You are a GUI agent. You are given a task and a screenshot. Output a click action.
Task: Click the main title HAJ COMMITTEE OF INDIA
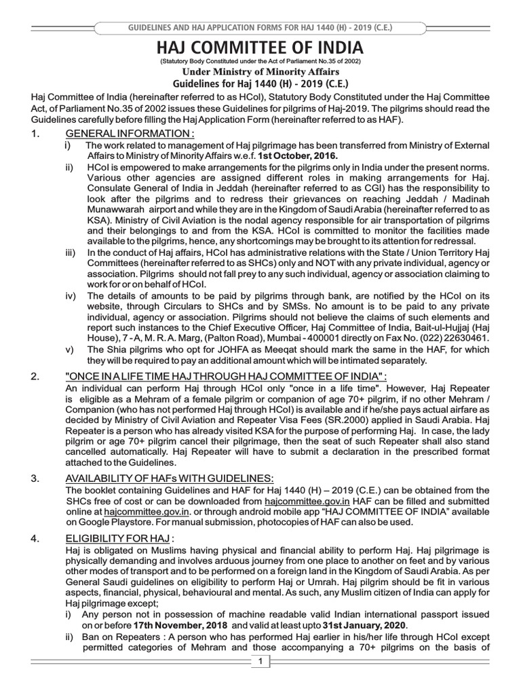pyautogui.click(x=260, y=48)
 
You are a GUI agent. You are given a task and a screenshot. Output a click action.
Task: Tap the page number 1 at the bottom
pyautogui.click(x=260, y=662)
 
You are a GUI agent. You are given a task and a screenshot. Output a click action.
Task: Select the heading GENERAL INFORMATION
pyautogui.click(x=129, y=133)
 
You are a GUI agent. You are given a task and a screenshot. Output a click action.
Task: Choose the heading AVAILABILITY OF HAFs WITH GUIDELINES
pyautogui.click(x=170, y=478)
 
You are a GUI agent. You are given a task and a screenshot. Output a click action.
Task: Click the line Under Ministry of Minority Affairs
pyautogui.click(x=260, y=73)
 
